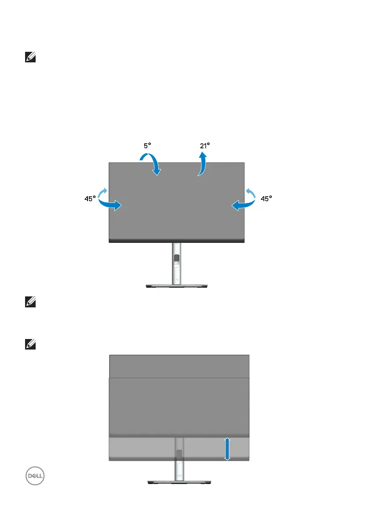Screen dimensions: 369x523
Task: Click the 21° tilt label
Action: pos(205,145)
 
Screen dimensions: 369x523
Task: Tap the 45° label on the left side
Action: pos(91,198)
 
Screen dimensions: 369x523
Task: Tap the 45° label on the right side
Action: pos(266,198)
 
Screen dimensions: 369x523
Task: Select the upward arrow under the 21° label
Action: pos(202,164)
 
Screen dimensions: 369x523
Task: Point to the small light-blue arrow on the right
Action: pos(251,192)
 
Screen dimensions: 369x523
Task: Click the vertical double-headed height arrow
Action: pos(227,449)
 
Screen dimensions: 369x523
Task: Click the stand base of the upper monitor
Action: pos(177,286)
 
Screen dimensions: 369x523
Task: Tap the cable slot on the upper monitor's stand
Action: pos(177,260)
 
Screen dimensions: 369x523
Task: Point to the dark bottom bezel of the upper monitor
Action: pos(176,241)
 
